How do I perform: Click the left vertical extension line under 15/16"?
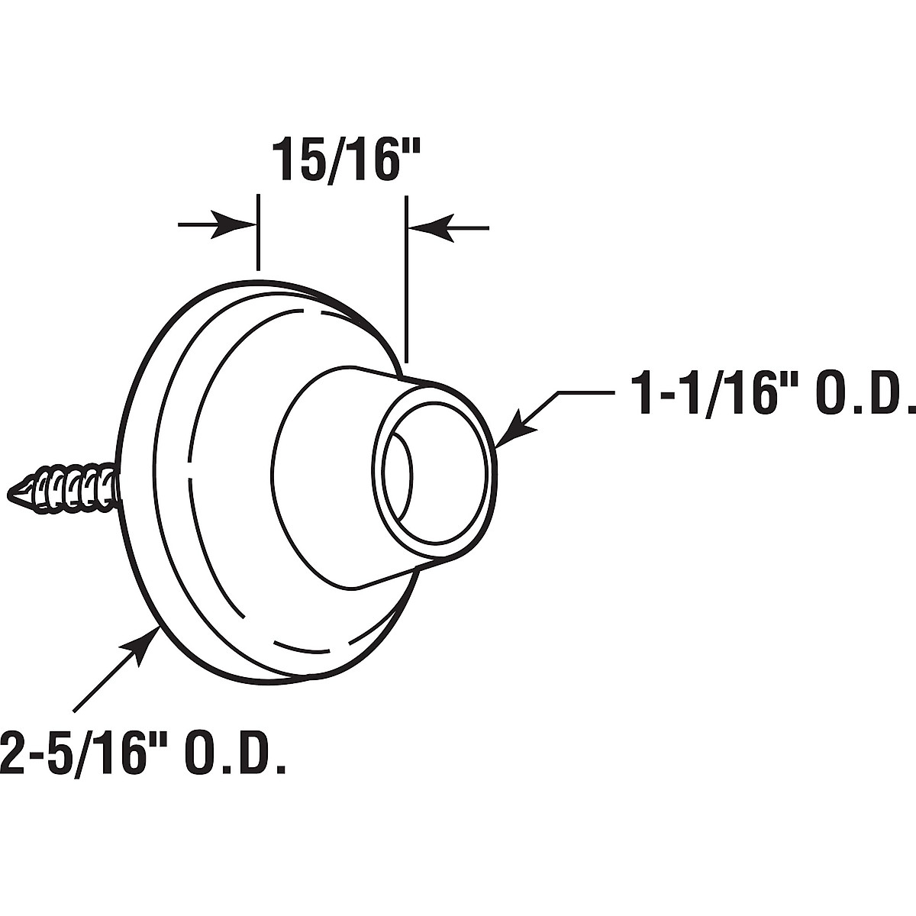click(259, 233)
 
